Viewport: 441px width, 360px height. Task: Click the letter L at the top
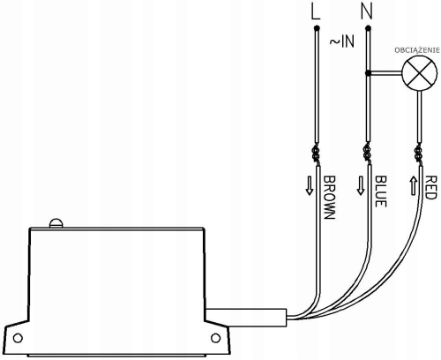click(316, 12)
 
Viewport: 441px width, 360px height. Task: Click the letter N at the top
click(367, 12)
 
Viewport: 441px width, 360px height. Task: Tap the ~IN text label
click(342, 41)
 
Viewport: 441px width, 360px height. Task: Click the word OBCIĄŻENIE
click(417, 50)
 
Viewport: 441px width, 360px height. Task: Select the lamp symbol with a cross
click(420, 72)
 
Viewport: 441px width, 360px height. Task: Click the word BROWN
click(329, 198)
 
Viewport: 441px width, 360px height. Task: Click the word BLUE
click(381, 191)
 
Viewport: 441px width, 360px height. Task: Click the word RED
click(430, 188)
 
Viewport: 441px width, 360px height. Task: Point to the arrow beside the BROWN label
click(310, 185)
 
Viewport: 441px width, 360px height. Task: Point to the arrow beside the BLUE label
click(361, 185)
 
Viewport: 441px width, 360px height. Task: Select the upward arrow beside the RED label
click(413, 185)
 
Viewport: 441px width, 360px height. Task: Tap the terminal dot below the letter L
click(317, 28)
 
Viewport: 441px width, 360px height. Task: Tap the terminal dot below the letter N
click(368, 28)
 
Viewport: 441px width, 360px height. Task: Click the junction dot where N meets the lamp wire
click(368, 73)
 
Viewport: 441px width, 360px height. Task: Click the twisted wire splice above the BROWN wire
click(316, 153)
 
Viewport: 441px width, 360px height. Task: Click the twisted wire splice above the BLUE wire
click(367, 153)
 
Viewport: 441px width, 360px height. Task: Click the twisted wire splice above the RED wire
click(419, 153)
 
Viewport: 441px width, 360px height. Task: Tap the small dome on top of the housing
click(56, 222)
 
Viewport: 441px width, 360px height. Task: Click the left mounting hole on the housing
click(18, 338)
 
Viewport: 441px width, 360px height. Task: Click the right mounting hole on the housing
click(215, 338)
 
